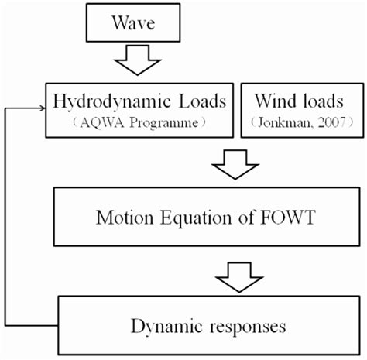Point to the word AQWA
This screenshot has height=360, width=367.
pyautogui.click(x=91, y=122)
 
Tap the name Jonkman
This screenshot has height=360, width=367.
pyautogui.click(x=276, y=122)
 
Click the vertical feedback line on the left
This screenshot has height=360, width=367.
pyautogui.click(x=6, y=217)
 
